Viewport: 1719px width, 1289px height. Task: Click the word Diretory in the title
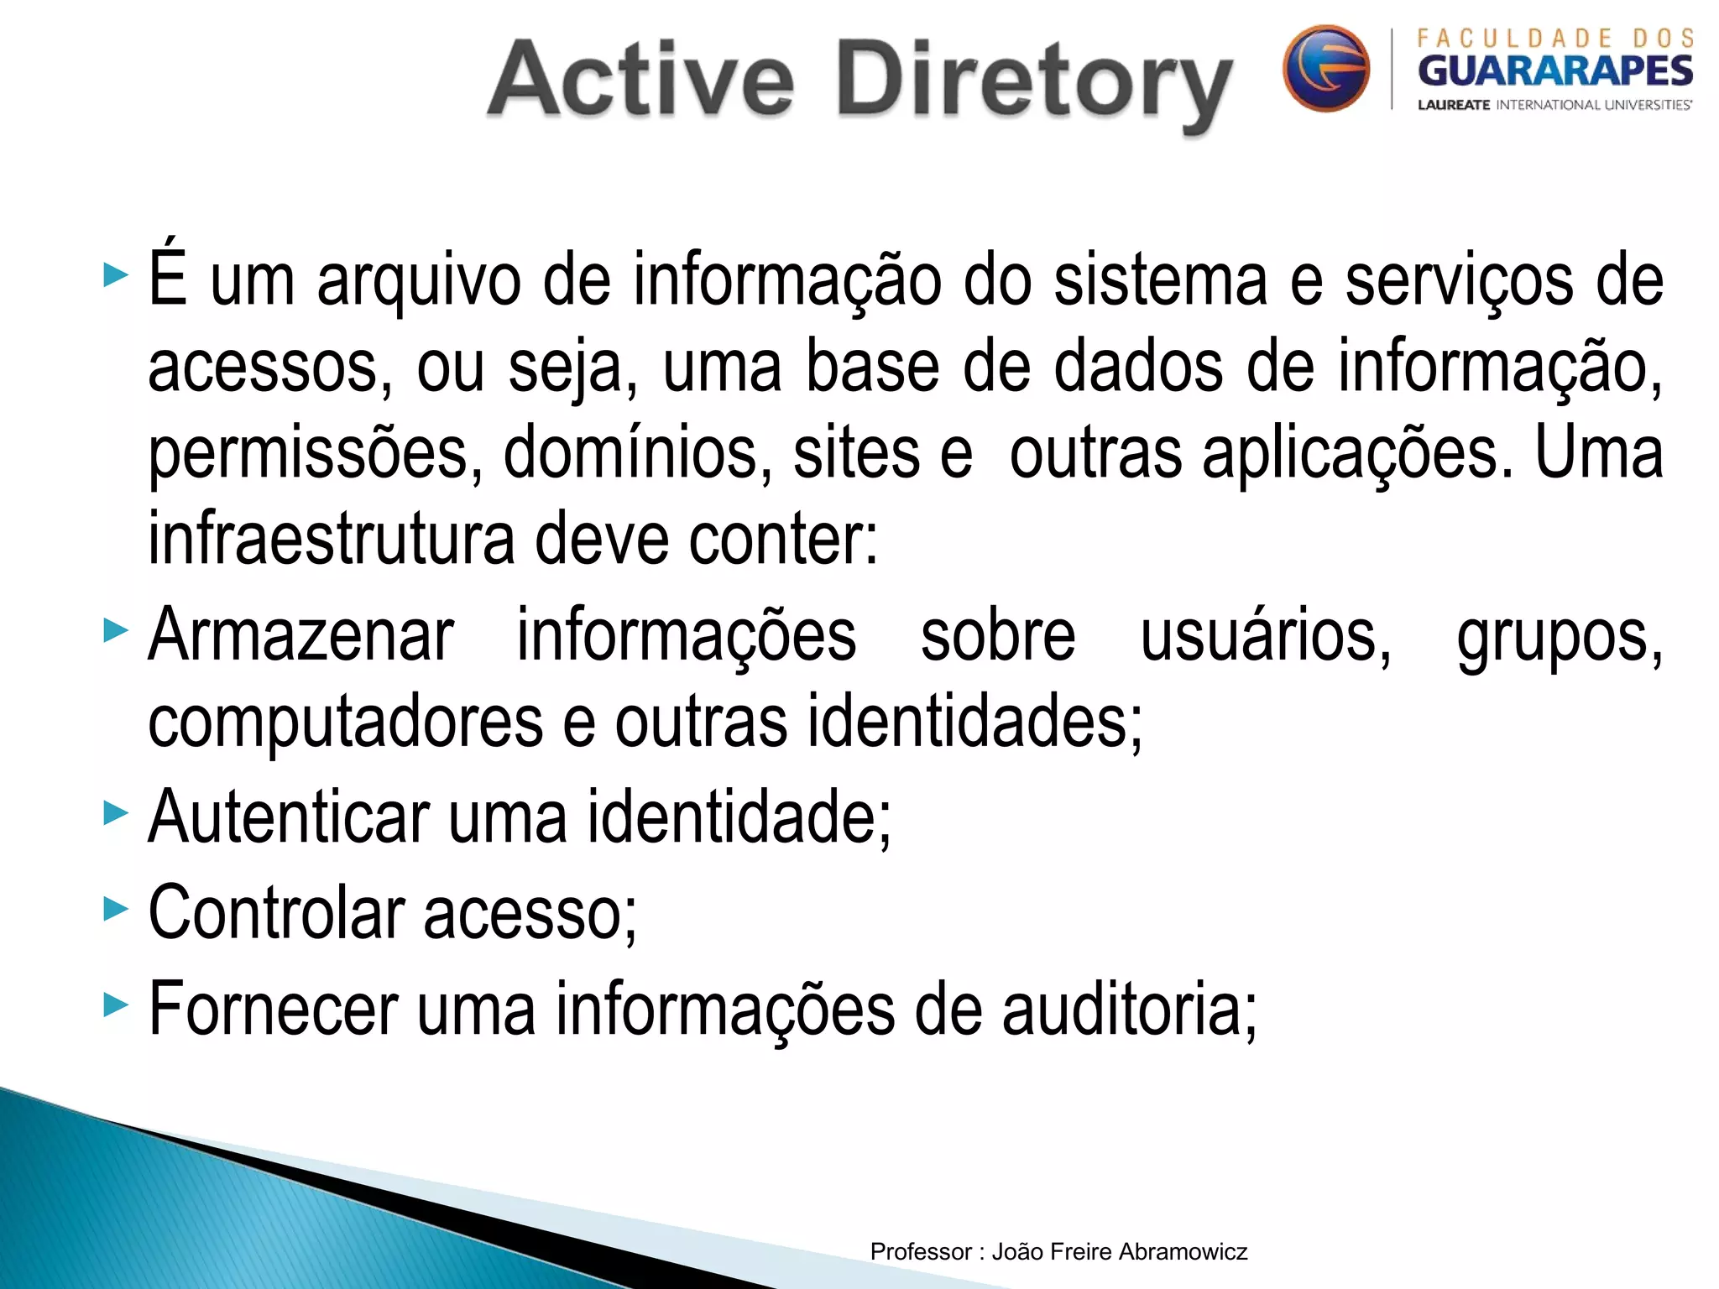pyautogui.click(x=1034, y=84)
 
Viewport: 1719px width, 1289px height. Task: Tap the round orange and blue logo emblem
pyautogui.click(x=1325, y=68)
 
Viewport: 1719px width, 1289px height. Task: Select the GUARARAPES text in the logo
pyautogui.click(x=1554, y=70)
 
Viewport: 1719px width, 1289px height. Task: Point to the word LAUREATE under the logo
pyautogui.click(x=1454, y=105)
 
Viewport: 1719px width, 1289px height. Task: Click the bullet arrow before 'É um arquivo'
pyautogui.click(x=116, y=274)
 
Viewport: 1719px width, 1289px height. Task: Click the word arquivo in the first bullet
pyautogui.click(x=419, y=281)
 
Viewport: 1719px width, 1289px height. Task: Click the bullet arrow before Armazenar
pyautogui.click(x=116, y=630)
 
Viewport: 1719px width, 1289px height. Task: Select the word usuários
pyautogui.click(x=1265, y=636)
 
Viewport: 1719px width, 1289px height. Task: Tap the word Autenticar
pyautogui.click(x=288, y=816)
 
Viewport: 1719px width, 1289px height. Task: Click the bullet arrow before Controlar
pyautogui.click(x=116, y=908)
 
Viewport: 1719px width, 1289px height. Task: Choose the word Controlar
pyautogui.click(x=276, y=912)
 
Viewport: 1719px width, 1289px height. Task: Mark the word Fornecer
pyautogui.click(x=273, y=1009)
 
